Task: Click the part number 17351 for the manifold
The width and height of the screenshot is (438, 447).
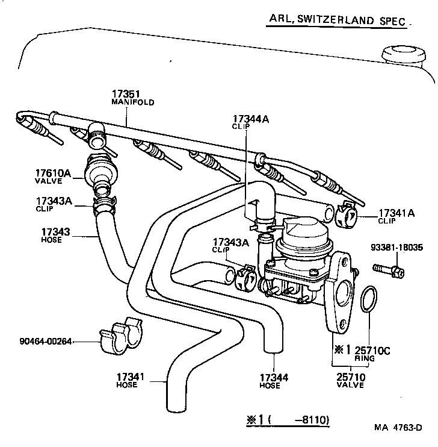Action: (125, 94)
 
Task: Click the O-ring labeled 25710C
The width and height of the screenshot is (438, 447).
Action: (369, 301)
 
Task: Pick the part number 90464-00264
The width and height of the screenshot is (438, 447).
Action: (37, 342)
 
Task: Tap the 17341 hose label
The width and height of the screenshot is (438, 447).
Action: (131, 380)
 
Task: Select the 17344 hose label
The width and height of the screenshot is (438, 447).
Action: (274, 381)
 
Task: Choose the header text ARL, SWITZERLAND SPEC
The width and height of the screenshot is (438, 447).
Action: (336, 20)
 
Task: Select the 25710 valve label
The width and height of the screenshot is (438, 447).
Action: (350, 380)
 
